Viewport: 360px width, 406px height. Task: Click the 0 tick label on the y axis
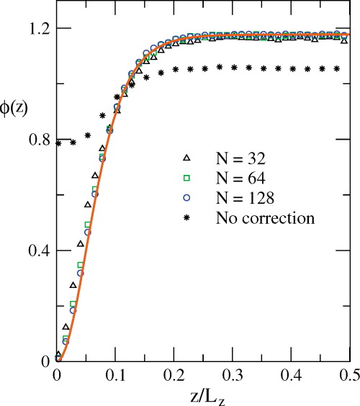click(x=45, y=361)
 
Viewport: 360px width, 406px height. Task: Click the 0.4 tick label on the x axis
click(x=290, y=375)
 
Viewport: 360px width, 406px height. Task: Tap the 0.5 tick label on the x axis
click(x=348, y=375)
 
